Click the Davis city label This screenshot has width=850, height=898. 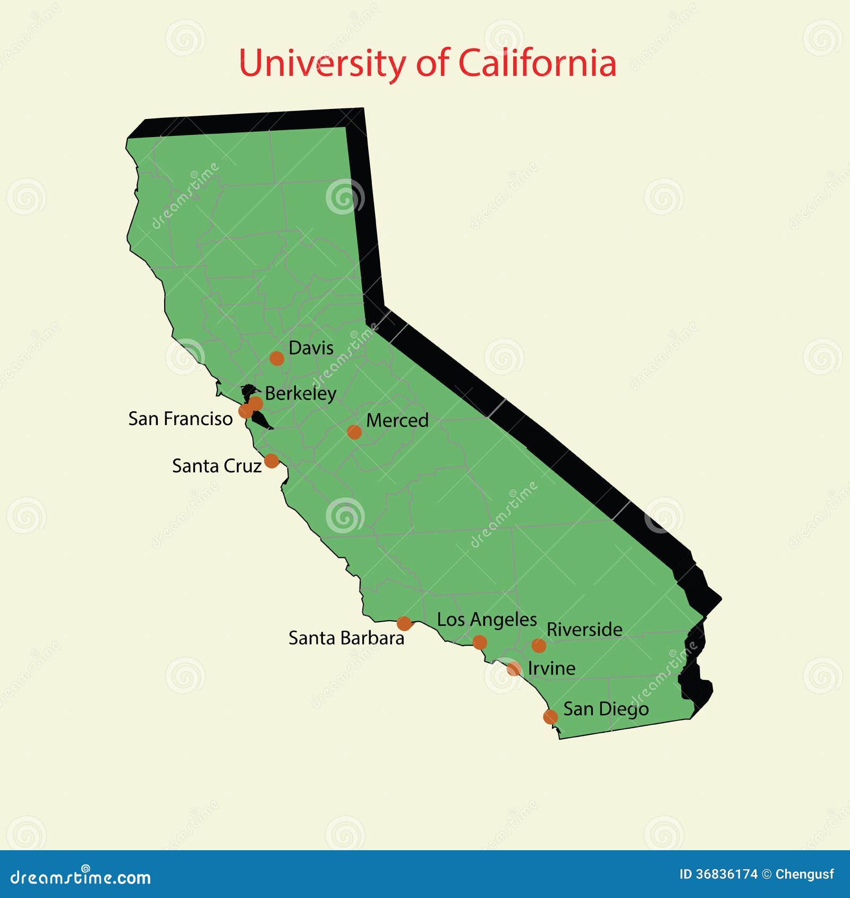(x=311, y=348)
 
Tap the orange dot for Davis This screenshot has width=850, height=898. (x=277, y=358)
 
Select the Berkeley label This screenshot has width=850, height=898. (x=300, y=394)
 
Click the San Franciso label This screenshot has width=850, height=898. (x=180, y=419)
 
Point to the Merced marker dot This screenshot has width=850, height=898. (x=354, y=431)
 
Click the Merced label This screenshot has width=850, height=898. (x=397, y=420)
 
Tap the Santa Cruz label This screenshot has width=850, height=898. (x=217, y=466)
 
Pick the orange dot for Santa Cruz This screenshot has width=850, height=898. (x=271, y=461)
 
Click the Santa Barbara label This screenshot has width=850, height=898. (x=346, y=638)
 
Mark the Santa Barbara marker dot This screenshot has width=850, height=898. (x=404, y=623)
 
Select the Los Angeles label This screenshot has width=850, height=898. (x=487, y=620)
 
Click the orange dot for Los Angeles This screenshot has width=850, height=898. (x=480, y=642)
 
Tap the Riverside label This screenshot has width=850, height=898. (x=584, y=630)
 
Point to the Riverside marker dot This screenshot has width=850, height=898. (x=539, y=646)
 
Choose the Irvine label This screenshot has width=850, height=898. (x=551, y=668)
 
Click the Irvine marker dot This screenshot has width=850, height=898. (x=514, y=668)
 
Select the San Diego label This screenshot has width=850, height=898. (x=606, y=709)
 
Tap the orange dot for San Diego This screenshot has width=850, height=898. (x=550, y=717)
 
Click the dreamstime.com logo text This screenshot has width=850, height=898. (x=81, y=877)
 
